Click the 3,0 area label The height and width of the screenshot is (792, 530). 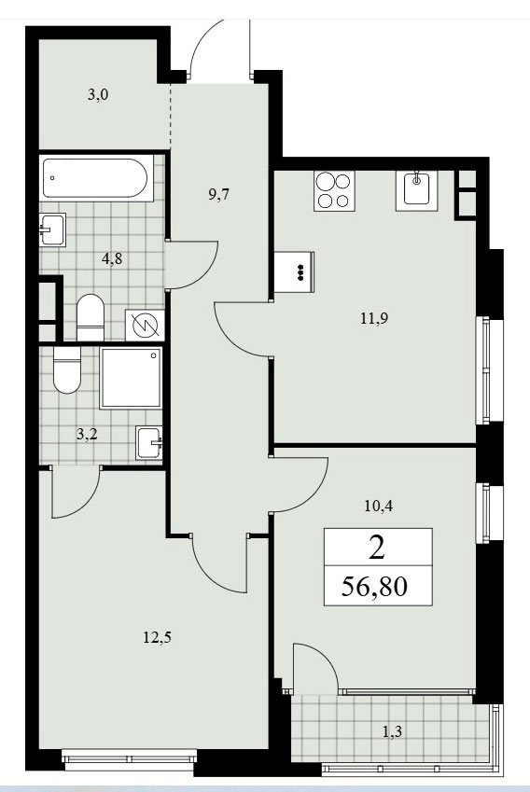click(98, 94)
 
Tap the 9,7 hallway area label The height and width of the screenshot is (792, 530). click(218, 194)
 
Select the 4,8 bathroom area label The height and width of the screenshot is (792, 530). click(112, 259)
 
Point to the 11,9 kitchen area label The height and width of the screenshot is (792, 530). click(374, 318)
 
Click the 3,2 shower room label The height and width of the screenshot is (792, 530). click(87, 434)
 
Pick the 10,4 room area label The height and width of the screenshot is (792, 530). click(379, 506)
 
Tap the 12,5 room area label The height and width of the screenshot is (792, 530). click(157, 637)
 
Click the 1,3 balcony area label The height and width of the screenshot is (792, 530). click(392, 730)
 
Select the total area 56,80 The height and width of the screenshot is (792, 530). click(374, 587)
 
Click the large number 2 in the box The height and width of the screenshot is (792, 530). click(377, 548)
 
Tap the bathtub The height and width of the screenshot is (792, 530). click(95, 178)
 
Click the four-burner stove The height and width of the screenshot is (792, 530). click(334, 190)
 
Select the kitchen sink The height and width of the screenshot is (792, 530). click(416, 189)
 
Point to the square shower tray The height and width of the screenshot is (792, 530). click(131, 377)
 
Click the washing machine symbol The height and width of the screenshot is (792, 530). click(145, 325)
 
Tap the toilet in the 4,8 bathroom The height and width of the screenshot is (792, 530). click(91, 318)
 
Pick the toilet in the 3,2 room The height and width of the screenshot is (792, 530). click(67, 370)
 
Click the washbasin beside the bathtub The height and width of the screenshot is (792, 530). click(52, 229)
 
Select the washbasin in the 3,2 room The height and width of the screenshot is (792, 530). click(149, 442)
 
